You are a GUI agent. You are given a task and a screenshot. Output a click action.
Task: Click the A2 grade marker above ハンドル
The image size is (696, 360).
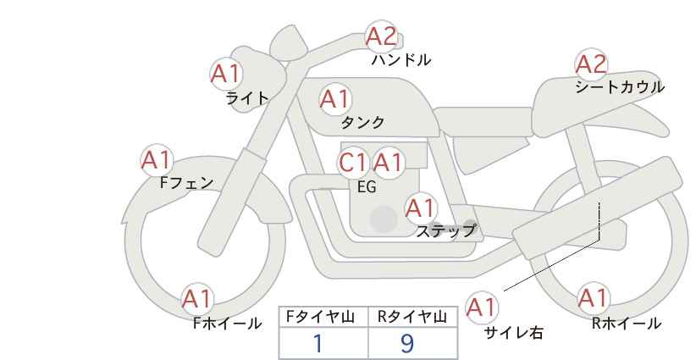pos(381,36)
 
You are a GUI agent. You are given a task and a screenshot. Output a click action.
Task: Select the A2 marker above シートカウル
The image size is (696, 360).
pos(591,64)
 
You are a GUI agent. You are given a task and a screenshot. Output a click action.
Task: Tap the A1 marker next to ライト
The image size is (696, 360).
pos(226,74)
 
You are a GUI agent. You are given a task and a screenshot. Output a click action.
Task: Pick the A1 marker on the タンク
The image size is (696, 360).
pos(335,99)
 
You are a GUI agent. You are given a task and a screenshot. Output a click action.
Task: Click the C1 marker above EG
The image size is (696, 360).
pos(353,163)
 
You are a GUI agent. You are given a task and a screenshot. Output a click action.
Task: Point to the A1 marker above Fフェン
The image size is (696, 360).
pos(157,160)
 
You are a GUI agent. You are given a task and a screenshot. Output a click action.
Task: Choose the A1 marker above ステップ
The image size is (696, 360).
pos(421,208)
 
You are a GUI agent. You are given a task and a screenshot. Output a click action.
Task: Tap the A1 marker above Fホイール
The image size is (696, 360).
pos(197,299)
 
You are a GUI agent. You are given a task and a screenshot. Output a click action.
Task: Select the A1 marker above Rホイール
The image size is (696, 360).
pos(593,299)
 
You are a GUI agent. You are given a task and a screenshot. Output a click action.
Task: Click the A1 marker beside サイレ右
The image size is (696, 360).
pos(482,307)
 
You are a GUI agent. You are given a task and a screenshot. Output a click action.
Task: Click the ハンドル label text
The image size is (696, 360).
pos(401,60)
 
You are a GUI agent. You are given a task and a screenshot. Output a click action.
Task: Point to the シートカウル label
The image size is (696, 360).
pos(620,87)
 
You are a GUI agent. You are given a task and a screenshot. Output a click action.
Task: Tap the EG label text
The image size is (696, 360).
pos(367,187)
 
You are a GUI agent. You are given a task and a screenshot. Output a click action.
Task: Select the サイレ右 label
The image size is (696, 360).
pos(514,333)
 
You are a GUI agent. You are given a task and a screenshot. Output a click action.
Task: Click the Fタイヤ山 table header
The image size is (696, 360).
pos(320,317)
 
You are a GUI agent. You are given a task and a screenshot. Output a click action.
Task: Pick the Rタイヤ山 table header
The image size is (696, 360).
pos(412,317)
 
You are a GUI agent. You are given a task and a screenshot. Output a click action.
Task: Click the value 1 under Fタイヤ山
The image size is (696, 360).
pos(318,343)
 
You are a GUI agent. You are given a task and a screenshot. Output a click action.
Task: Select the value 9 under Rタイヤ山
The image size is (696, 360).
pos(407,343)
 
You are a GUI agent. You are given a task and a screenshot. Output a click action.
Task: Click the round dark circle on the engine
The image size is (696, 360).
pos(384,219)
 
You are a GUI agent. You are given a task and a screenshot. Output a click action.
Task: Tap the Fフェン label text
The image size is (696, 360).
pos(186,183)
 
